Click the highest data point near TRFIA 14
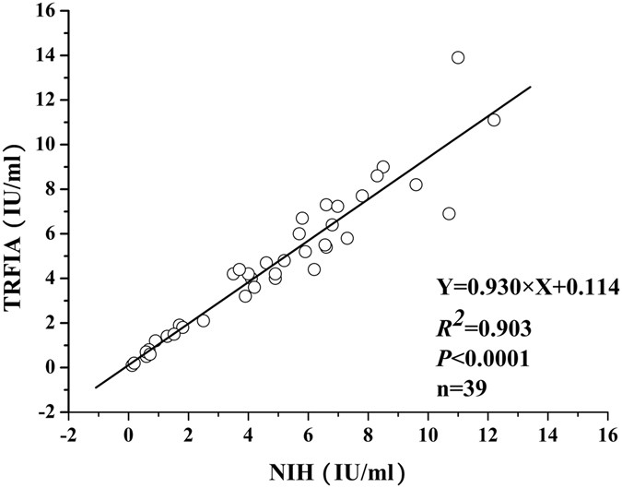click(x=458, y=57)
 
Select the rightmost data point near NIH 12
click(x=494, y=120)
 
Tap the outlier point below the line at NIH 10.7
click(x=449, y=213)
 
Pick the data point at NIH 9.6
click(x=416, y=184)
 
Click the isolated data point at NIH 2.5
click(x=204, y=320)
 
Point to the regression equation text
click(x=527, y=288)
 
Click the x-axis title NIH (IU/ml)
click(x=335, y=471)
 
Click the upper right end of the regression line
click(x=531, y=87)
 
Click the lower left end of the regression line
click(x=96, y=387)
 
